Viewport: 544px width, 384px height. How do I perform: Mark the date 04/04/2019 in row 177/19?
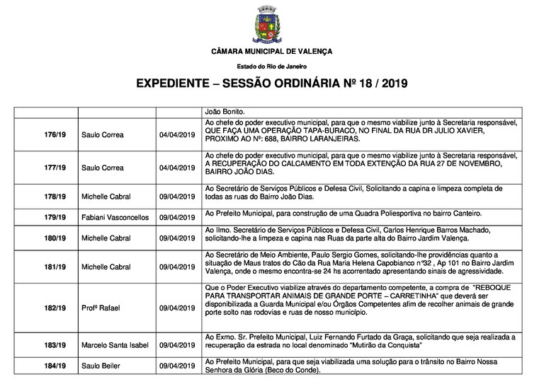[177, 168]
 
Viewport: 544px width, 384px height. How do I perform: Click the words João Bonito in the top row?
[225, 112]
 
